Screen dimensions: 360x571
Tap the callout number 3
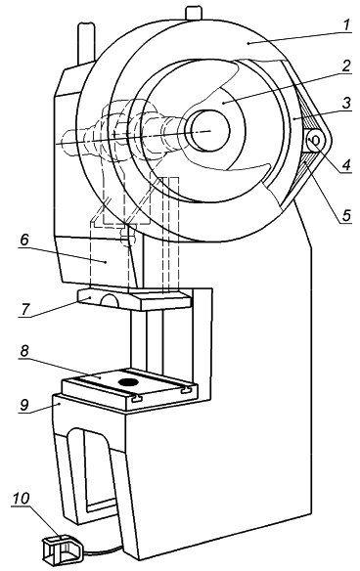pyautogui.click(x=346, y=103)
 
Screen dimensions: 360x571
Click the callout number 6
pyautogui.click(x=24, y=240)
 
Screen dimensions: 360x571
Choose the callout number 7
pyautogui.click(x=25, y=309)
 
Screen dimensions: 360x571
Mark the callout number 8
pyautogui.click(x=24, y=351)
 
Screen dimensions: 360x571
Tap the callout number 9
pyautogui.click(x=24, y=405)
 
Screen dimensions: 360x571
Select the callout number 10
pyautogui.click(x=21, y=499)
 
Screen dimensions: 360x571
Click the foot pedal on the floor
pyautogui.click(x=62, y=549)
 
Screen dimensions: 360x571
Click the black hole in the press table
pyautogui.click(x=129, y=382)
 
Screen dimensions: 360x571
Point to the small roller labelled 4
pyautogui.click(x=314, y=140)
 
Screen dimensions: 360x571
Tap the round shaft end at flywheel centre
pyautogui.click(x=207, y=130)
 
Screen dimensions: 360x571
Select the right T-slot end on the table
pyautogui.click(x=186, y=390)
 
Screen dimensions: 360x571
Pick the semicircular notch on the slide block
pyautogui.click(x=109, y=299)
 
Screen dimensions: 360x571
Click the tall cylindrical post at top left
pyautogui.click(x=86, y=43)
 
